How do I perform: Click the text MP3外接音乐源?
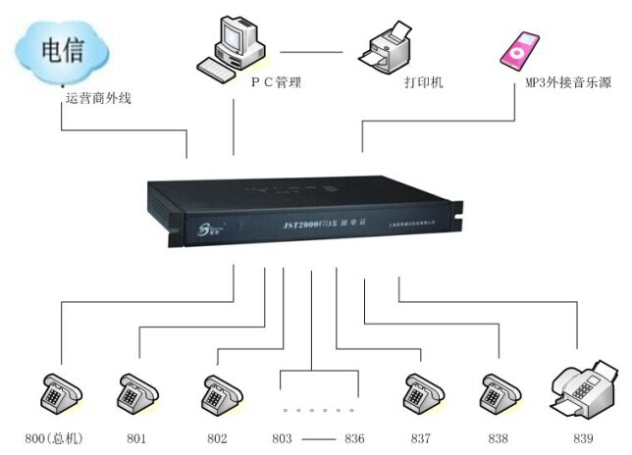point(568,83)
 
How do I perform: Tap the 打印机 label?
point(424,83)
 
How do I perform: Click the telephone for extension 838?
point(497,393)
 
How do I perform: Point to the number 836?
point(353,438)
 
